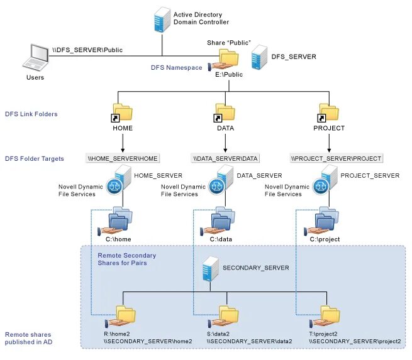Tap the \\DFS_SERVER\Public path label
87,49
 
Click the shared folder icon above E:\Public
228,61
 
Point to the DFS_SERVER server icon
257,57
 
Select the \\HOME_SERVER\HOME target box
123,158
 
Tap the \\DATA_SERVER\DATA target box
225,158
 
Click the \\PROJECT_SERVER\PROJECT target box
336,158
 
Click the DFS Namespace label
176,67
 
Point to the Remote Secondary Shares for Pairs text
127,259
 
